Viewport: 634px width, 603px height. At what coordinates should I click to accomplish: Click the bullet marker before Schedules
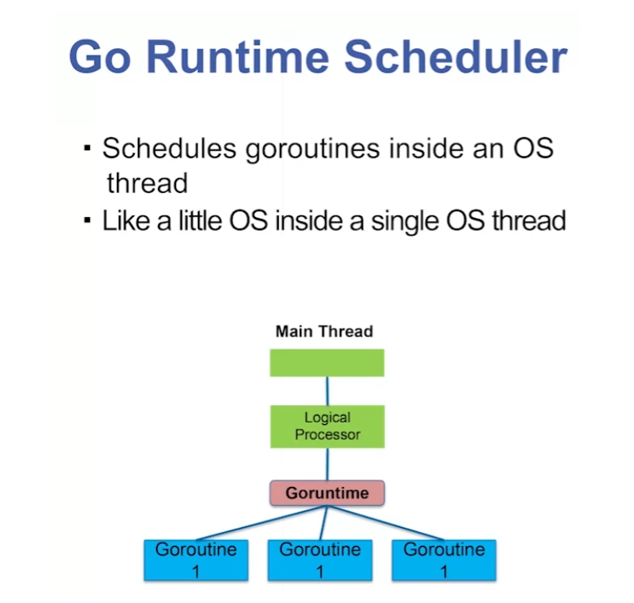coord(87,149)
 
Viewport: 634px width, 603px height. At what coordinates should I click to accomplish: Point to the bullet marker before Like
coord(87,221)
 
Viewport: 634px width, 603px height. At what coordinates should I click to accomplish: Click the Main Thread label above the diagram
coord(324,332)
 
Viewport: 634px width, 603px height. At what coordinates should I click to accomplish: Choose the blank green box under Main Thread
coord(327,362)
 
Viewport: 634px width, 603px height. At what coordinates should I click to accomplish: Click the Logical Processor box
coord(327,426)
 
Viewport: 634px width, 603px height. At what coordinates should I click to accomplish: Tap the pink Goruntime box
coord(327,493)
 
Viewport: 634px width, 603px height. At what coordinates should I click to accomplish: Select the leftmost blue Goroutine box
coord(195,560)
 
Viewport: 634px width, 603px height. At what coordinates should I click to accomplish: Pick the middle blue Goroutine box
coord(320,560)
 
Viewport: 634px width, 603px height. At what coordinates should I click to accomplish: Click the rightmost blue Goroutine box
coord(444,560)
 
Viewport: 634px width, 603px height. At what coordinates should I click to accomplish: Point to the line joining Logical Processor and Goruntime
coord(327,464)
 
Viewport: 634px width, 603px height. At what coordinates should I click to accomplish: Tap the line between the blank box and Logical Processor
coord(327,390)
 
